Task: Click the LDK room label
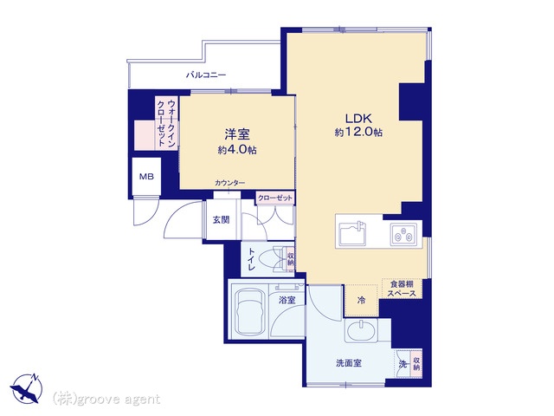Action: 358,118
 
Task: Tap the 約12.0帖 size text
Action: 358,133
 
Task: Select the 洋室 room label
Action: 237,134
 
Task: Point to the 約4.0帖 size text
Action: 237,150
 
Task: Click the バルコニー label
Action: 206,75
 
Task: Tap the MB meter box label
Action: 146,176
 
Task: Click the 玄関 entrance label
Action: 222,219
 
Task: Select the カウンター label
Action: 229,183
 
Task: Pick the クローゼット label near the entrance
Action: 275,198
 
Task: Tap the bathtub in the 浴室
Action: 249,313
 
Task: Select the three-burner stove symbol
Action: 403,234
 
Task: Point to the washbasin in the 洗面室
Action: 361,331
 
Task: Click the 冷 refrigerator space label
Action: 362,301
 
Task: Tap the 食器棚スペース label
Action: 402,289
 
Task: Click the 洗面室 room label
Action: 349,363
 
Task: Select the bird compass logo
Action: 27,388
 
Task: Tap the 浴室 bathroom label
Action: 287,301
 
